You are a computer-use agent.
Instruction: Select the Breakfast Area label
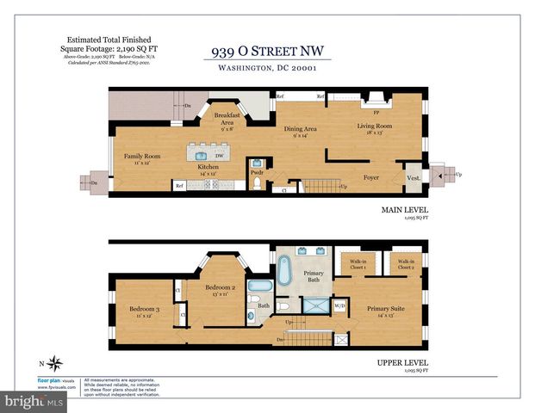(227, 119)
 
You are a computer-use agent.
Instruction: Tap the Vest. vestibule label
(413, 178)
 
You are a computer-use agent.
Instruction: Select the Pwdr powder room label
(256, 172)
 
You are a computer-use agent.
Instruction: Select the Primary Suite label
(386, 309)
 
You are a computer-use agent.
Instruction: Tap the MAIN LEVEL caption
(404, 209)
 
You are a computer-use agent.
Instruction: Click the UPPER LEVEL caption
(403, 362)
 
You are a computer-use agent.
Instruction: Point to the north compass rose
(55, 362)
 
